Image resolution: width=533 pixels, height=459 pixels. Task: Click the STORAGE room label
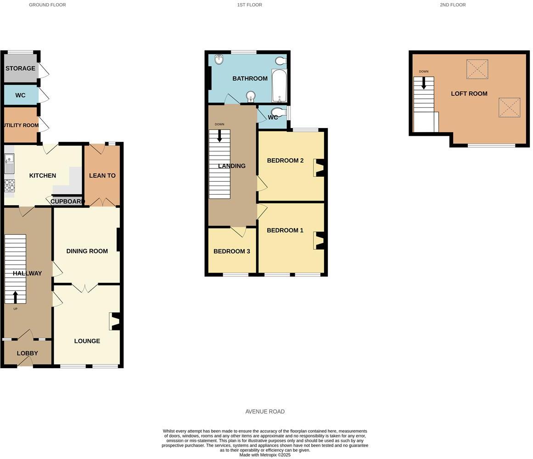click(20, 68)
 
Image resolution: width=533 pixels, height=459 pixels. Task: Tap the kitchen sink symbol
click(9, 164)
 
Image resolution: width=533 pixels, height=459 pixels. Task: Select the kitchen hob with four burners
click(9, 185)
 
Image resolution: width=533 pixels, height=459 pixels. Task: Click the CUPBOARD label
click(67, 202)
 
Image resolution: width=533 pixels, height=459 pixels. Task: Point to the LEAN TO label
click(102, 176)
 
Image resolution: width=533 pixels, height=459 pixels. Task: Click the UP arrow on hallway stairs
click(15, 297)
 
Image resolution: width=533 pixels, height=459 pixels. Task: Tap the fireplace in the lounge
click(115, 321)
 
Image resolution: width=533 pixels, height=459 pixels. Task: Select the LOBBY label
click(27, 353)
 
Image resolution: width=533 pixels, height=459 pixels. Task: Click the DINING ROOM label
click(87, 251)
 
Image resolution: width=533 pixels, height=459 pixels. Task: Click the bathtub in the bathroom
click(279, 86)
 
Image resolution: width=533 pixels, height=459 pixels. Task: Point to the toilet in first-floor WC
click(279, 112)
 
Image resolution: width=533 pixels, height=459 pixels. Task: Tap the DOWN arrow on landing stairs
click(219, 135)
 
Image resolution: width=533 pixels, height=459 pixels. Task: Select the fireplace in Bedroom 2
click(319, 168)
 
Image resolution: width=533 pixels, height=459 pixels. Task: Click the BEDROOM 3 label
click(231, 252)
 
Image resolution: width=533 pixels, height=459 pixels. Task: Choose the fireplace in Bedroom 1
click(319, 241)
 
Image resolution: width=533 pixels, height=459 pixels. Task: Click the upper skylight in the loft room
click(477, 69)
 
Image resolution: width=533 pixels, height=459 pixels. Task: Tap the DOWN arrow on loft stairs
click(423, 83)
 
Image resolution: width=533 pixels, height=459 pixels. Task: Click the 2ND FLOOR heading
click(453, 5)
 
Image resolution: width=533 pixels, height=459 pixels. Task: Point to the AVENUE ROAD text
click(265, 412)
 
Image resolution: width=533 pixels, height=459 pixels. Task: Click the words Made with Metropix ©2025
click(265, 455)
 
